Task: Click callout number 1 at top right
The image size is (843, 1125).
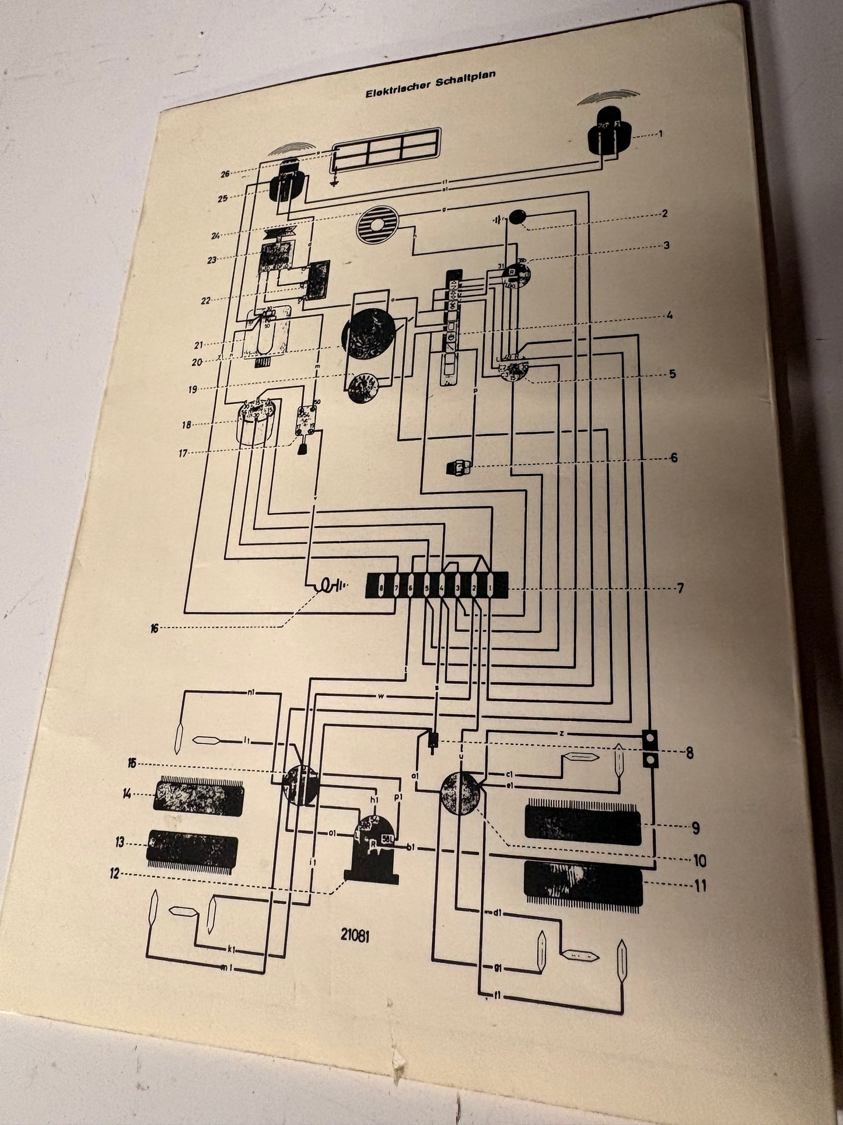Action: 662,134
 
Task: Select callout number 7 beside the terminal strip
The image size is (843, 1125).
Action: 680,588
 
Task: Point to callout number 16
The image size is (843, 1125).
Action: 155,628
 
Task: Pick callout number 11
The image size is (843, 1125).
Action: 700,886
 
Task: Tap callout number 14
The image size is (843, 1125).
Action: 127,793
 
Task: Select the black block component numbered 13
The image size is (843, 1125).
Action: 193,847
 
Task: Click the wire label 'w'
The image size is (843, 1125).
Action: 380,696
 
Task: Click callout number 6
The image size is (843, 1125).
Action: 674,457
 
